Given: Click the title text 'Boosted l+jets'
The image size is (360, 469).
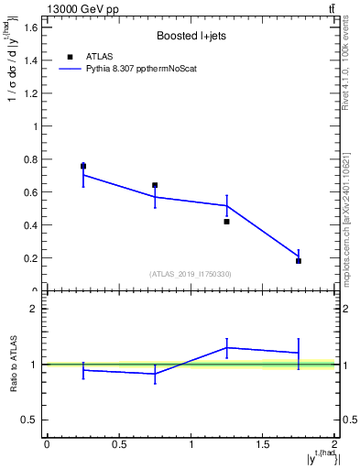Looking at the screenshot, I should pos(191,38).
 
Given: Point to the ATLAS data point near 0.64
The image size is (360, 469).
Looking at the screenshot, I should pos(155,185).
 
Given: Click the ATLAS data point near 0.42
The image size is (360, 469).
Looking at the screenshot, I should pos(226,222).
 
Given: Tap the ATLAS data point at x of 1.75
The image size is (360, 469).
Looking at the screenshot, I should pos(299,261).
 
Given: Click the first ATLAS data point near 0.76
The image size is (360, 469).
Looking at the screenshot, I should pos(83,166).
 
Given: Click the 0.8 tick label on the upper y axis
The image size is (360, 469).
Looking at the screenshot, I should pos(30,159).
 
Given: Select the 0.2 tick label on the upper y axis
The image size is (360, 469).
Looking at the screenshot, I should pos(30,258).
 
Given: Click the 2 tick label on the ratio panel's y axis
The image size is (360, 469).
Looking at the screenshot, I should pos(35,310).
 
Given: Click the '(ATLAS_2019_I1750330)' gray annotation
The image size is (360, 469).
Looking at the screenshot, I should pos(191,274).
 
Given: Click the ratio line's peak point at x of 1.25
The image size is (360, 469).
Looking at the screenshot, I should pos(226,347).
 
